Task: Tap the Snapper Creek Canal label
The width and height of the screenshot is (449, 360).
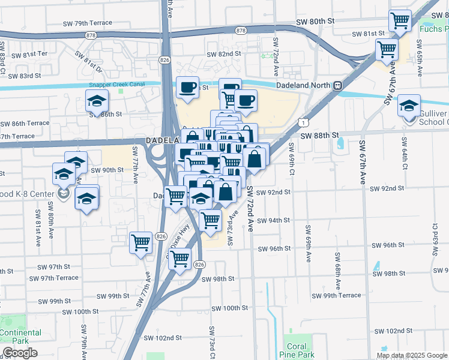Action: point(116,85)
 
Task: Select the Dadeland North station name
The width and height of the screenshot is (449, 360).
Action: point(306,85)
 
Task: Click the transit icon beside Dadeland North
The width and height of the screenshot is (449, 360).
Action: point(338,85)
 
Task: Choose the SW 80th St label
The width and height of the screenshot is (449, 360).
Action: point(315,22)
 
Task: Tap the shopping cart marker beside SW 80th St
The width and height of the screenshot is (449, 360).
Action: point(400,22)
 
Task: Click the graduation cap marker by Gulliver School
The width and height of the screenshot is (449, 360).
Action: point(409,106)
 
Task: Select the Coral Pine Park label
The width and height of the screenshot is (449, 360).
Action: point(297,350)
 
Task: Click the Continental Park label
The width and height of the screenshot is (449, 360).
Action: point(20,337)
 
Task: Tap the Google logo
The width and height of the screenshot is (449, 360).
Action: point(20,353)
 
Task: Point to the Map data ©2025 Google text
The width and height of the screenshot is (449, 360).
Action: point(412,355)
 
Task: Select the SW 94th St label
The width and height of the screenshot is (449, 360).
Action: point(274,220)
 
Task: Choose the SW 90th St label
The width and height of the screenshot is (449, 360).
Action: point(107,170)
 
